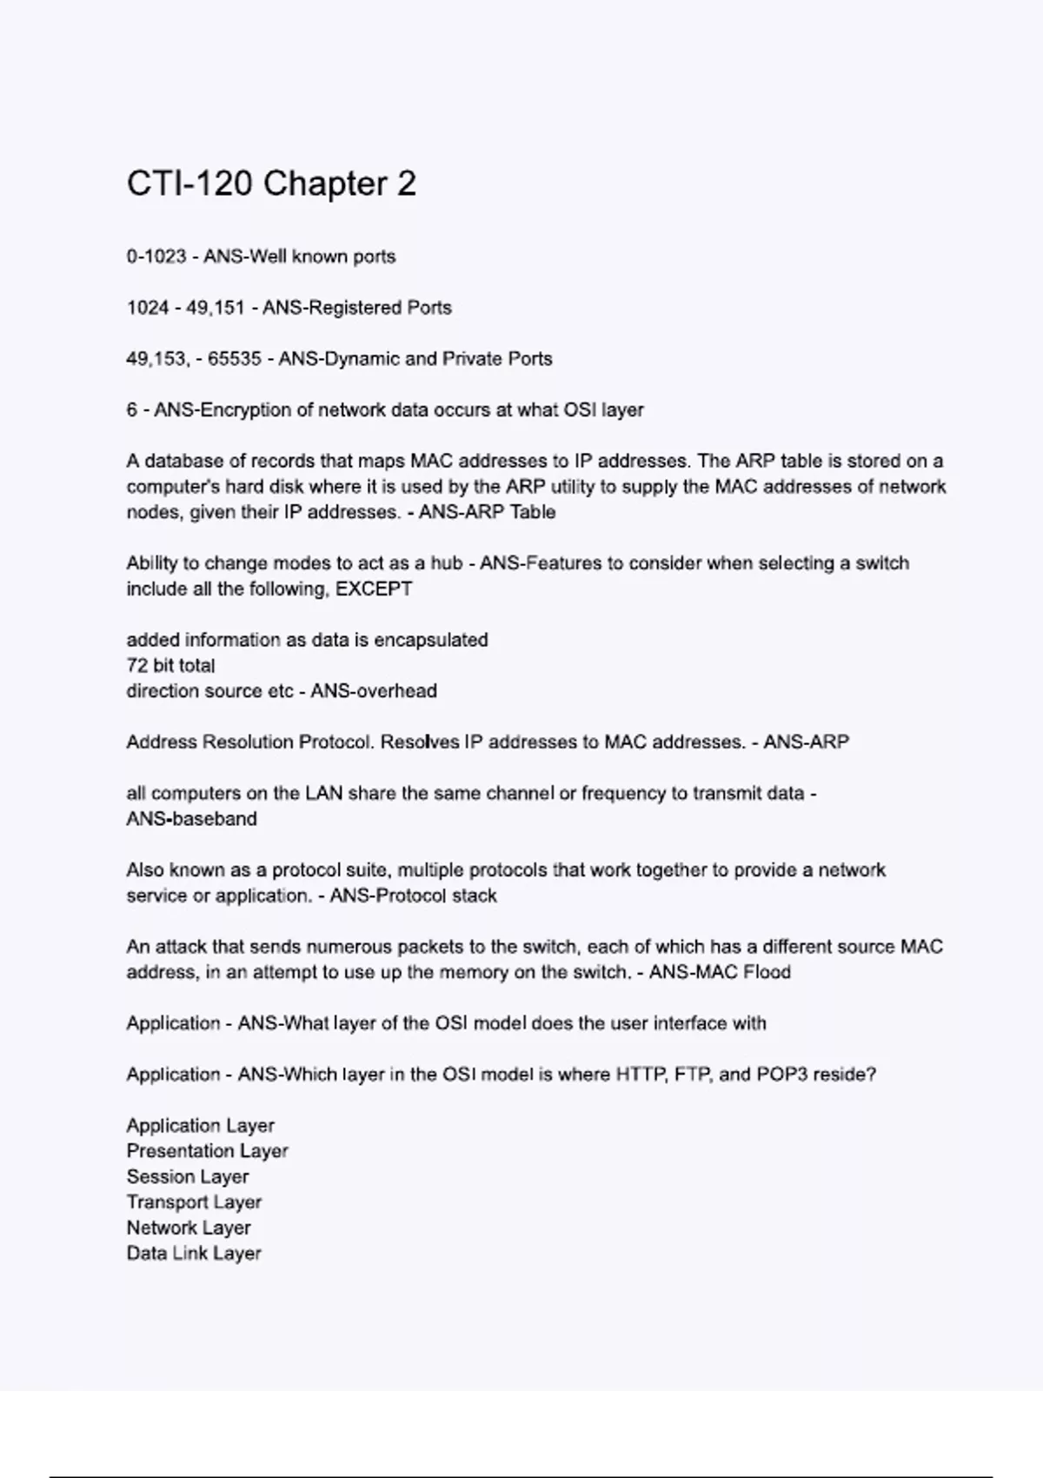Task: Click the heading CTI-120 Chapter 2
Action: point(271,183)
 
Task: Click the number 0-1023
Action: point(156,256)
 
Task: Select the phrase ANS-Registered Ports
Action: point(357,308)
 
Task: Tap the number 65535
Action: point(234,359)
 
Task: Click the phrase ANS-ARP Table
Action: point(487,512)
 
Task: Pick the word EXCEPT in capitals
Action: point(374,589)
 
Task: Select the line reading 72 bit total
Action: point(170,665)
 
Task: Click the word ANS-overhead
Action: point(374,691)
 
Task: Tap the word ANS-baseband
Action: point(191,819)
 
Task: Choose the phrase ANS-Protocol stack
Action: point(413,895)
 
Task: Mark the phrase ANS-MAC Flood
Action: point(720,972)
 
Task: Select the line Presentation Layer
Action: point(207,1151)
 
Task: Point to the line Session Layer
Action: point(188,1176)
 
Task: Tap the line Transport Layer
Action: point(194,1202)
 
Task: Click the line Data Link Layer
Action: point(194,1254)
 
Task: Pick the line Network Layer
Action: point(189,1228)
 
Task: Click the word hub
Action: point(447,563)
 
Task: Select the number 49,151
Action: point(216,308)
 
